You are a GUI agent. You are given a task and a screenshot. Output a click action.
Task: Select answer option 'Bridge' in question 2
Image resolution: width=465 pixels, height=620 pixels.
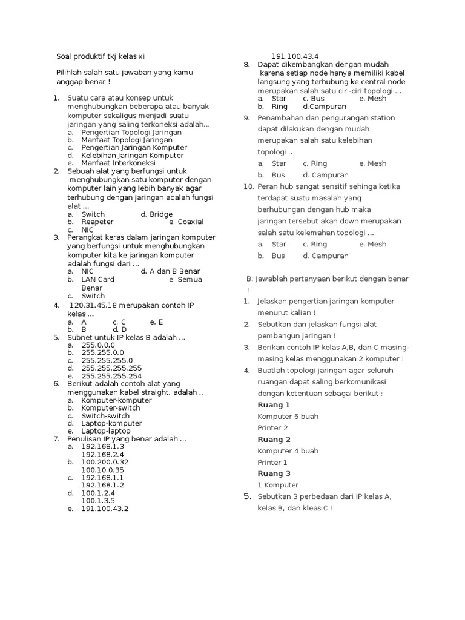click(160, 214)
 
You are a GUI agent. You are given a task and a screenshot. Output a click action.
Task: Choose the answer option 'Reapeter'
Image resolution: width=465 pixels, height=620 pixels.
click(97, 222)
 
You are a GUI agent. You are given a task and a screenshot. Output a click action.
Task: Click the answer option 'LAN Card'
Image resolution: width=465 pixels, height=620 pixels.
click(98, 279)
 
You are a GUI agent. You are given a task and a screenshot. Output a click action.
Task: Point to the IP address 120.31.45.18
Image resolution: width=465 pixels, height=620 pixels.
click(97, 305)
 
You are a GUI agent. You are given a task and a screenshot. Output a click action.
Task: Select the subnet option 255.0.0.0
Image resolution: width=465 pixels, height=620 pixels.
click(98, 345)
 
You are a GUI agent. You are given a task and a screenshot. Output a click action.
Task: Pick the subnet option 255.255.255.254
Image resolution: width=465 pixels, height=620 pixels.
click(111, 375)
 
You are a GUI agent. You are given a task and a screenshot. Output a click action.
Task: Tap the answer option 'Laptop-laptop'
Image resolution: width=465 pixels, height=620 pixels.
click(106, 430)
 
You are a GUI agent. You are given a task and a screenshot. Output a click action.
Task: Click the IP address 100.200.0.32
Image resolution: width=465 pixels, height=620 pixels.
click(105, 461)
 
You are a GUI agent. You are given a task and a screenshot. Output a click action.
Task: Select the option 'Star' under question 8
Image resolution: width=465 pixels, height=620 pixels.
click(279, 98)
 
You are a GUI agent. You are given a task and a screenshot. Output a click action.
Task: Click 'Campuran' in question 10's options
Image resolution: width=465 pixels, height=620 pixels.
click(330, 256)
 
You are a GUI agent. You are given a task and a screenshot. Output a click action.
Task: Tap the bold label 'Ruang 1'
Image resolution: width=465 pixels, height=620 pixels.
click(274, 404)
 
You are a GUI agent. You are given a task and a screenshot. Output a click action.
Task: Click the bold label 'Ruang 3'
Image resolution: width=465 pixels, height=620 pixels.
click(274, 473)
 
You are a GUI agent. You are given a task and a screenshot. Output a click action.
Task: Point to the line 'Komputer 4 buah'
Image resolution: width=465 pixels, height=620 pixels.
click(288, 450)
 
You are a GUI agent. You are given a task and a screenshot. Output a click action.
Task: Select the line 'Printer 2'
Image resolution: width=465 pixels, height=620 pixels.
click(272, 428)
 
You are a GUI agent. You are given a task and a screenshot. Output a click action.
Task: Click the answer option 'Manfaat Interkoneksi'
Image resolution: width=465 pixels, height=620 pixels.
click(118, 163)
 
